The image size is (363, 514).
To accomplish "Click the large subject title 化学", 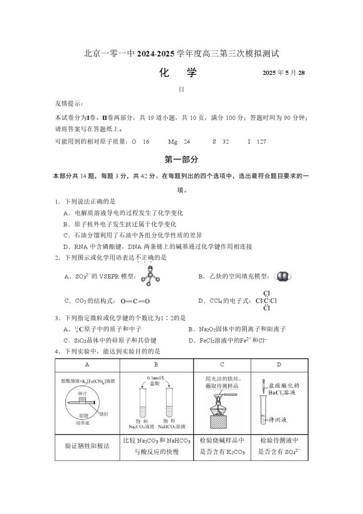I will [178, 73].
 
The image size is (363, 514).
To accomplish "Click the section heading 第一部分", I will [181, 160].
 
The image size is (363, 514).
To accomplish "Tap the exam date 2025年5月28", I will [284, 73].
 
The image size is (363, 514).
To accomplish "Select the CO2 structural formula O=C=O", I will [135, 301].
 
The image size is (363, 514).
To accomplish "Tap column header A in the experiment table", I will [87, 364].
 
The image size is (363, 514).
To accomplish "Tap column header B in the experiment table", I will [156, 364].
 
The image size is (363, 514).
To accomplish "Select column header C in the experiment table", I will [222, 364].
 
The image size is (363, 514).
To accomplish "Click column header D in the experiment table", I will [279, 364].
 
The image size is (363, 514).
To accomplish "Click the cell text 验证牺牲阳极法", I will [87, 445].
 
